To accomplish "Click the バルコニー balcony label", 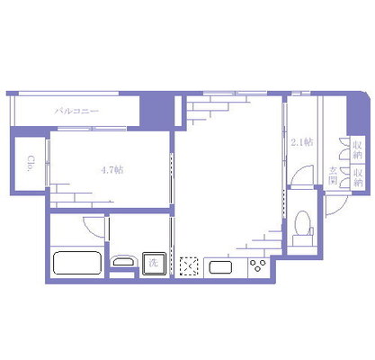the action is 76,112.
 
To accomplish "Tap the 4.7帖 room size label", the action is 112,170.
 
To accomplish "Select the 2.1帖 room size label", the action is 302,141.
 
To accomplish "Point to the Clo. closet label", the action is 31,163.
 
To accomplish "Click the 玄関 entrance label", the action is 333,175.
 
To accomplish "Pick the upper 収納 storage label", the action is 358,150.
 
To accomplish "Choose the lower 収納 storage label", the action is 358,177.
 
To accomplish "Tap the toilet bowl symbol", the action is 302,223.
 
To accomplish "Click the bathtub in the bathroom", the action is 77,263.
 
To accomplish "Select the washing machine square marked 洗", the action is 154,264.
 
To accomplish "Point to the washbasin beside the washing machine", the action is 124,261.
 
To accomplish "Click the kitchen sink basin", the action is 220,267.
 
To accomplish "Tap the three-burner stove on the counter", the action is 258,265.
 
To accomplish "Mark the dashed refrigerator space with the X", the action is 189,266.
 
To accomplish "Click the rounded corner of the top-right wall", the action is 368,95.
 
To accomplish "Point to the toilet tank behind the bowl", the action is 302,240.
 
